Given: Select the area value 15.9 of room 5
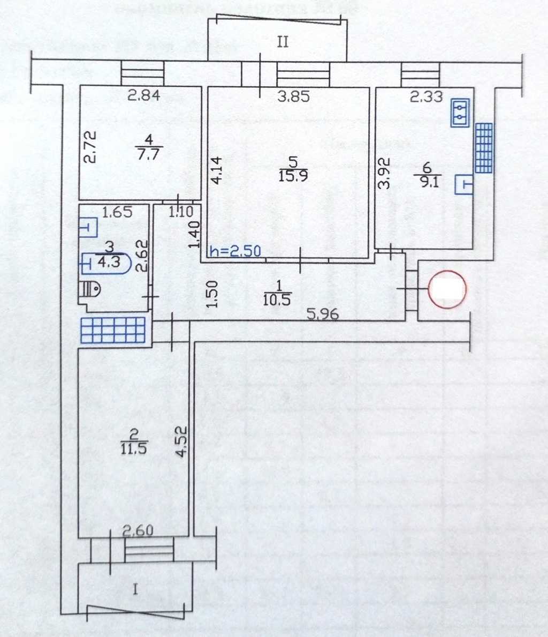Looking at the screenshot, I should (293, 176).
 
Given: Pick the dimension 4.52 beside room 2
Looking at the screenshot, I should (182, 441).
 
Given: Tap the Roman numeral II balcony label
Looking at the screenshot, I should (283, 42).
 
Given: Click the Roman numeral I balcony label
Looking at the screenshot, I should (135, 590).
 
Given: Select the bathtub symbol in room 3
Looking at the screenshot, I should (104, 264).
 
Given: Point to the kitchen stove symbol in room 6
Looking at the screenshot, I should (460, 113).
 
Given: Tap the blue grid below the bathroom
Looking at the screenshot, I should (113, 330).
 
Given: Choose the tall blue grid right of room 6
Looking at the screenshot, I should (484, 148).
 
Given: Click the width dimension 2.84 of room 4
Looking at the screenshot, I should (144, 96).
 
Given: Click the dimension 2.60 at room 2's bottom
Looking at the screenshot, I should (138, 531).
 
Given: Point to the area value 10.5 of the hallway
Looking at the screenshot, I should (277, 300).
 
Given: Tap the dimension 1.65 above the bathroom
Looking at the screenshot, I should (117, 212).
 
